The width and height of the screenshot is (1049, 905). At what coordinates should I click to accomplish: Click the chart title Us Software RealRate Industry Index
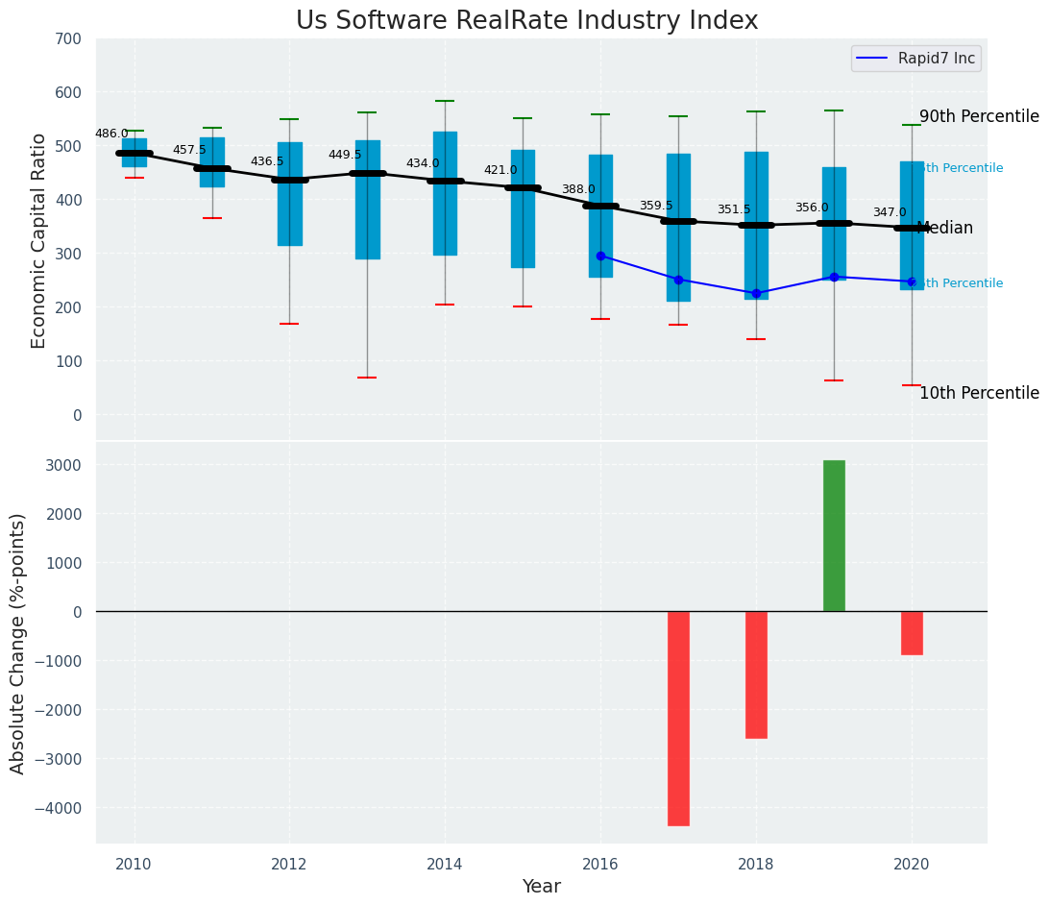point(526,21)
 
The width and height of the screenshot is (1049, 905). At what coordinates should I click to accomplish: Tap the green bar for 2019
point(834,535)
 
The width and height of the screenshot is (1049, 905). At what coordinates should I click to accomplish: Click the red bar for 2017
point(678,718)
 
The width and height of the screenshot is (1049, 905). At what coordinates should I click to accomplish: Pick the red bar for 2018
point(756,674)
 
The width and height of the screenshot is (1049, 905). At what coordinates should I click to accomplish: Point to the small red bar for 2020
point(912,633)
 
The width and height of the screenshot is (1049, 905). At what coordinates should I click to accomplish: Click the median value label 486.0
point(111,134)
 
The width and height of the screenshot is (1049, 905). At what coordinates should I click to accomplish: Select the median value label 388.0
point(578,189)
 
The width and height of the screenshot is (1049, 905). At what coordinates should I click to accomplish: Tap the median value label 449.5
point(345,155)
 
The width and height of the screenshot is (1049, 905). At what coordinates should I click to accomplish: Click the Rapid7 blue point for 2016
point(600,256)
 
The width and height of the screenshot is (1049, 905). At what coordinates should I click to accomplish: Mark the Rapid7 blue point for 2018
point(756,293)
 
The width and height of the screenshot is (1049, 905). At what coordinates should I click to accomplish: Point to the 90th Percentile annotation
point(979,116)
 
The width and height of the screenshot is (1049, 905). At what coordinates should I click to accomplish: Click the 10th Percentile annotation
point(979,393)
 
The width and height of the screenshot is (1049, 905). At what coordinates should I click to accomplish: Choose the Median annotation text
point(945,229)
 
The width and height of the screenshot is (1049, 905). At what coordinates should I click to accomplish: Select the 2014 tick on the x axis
point(445,865)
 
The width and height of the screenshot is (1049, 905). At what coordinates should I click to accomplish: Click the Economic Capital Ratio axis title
point(38,240)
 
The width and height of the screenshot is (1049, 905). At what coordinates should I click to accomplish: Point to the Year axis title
point(541,887)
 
